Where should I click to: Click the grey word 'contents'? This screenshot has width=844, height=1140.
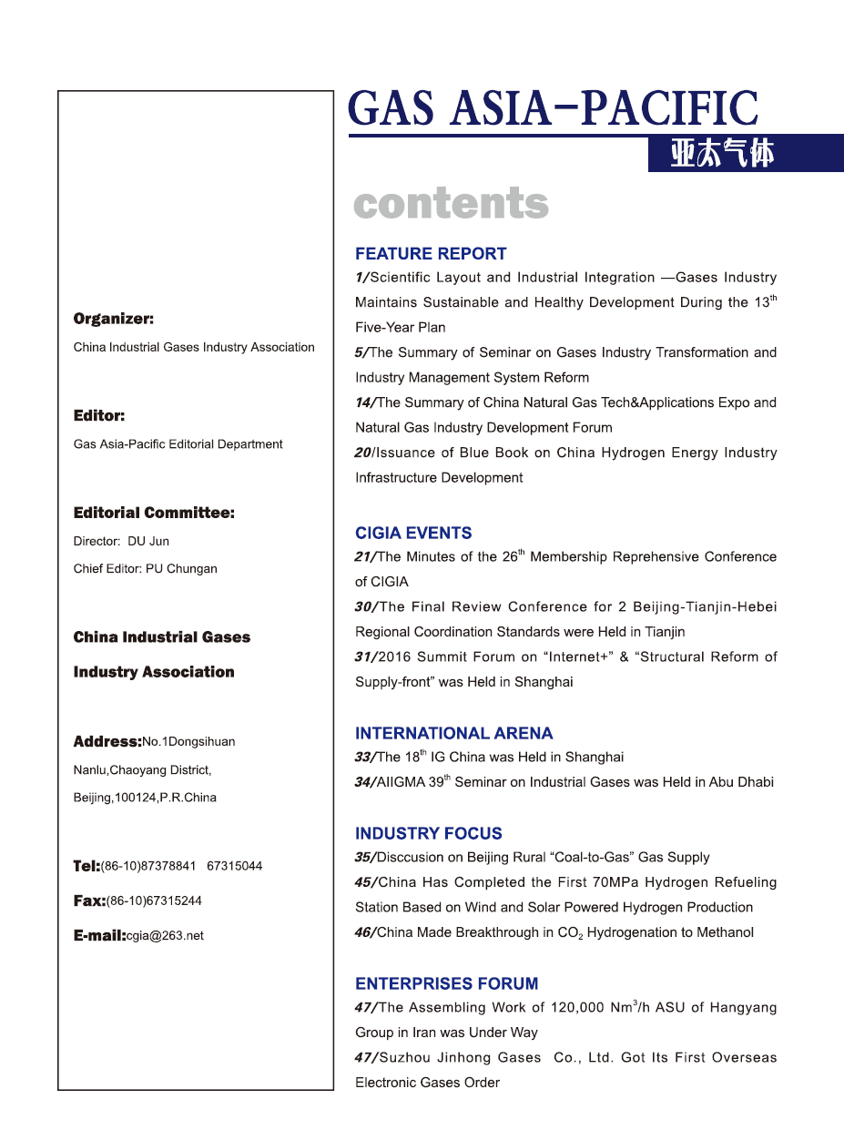[x=451, y=204]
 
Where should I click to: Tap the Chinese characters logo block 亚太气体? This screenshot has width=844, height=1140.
[x=722, y=154]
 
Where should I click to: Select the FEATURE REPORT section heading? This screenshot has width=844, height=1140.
[x=431, y=254]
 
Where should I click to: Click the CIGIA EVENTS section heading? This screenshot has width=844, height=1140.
[x=413, y=534]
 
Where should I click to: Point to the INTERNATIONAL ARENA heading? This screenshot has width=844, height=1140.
[x=453, y=733]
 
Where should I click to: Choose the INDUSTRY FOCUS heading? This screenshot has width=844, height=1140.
[x=428, y=833]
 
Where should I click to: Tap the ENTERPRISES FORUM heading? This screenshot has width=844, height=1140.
[x=446, y=983]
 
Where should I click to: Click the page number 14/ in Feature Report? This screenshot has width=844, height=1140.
[x=365, y=402]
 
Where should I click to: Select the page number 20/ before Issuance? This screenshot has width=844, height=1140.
[x=365, y=453]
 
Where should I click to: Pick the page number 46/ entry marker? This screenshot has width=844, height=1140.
[x=365, y=932]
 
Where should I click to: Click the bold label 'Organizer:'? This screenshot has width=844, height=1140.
[x=113, y=319]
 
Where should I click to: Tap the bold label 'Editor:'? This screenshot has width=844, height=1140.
[x=98, y=416]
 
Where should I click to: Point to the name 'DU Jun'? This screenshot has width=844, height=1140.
[x=148, y=541]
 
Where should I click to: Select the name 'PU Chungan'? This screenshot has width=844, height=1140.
[x=181, y=569]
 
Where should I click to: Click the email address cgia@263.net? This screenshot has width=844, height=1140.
[x=166, y=936]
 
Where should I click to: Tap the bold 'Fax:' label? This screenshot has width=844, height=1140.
[x=89, y=901]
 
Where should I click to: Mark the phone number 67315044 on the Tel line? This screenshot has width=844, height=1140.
[x=235, y=866]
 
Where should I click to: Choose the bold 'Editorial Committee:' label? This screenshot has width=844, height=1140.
[x=154, y=513]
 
